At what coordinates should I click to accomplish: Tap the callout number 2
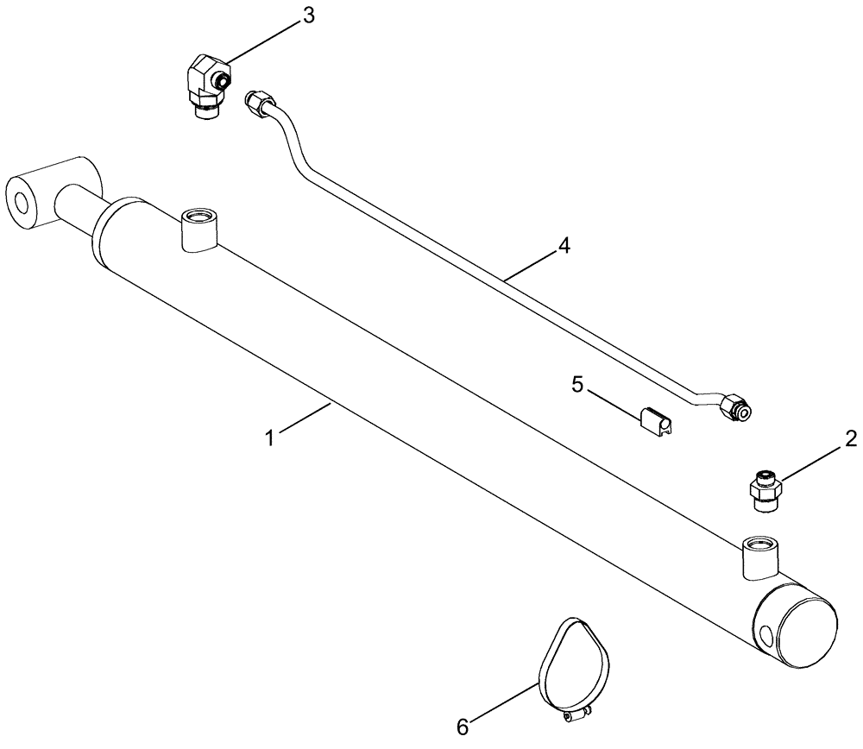(850, 439)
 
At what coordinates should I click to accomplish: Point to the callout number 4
(564, 246)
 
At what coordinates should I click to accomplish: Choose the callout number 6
(463, 727)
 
